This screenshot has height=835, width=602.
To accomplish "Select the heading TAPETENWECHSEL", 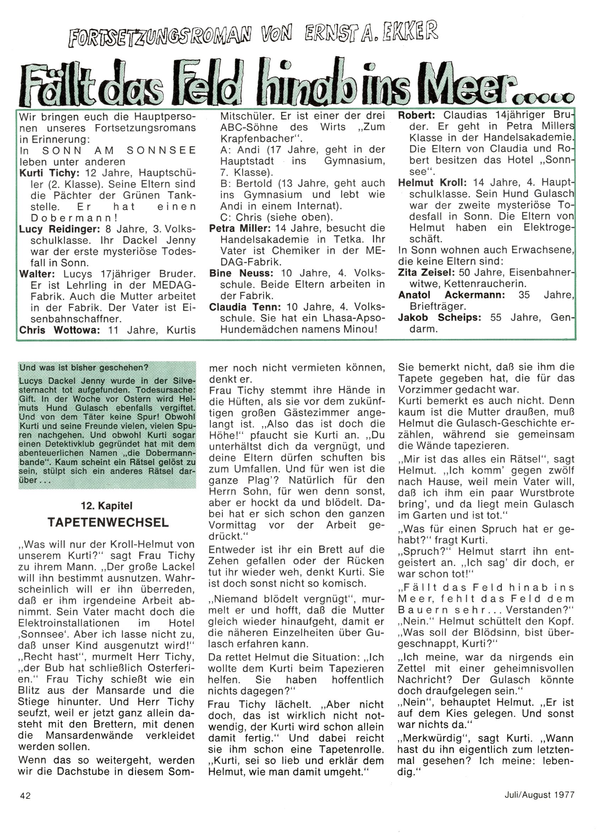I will click(108, 523).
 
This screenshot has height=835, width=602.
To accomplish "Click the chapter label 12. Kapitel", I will click(107, 506).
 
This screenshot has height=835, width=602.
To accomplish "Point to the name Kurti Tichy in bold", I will click(49, 173).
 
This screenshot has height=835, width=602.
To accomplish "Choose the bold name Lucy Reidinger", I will click(59, 229).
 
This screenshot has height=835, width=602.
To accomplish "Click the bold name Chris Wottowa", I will click(59, 330).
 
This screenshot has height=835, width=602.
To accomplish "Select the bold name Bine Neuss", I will click(241, 273).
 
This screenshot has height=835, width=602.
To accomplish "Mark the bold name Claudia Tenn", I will click(245, 307).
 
